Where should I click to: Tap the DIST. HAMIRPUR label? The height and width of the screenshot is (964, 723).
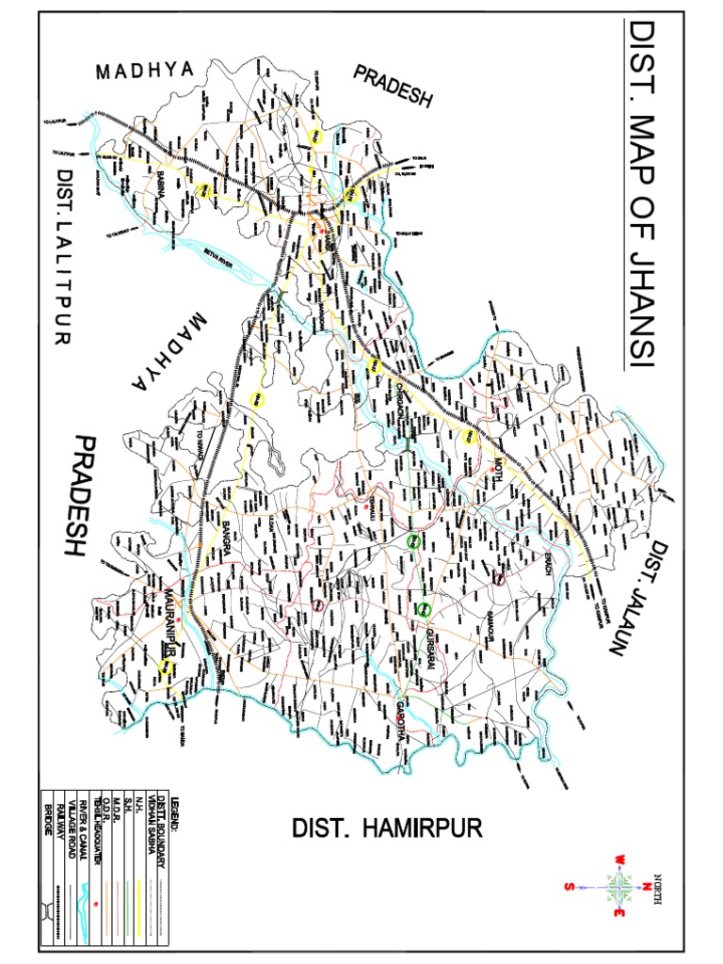pyautogui.click(x=387, y=828)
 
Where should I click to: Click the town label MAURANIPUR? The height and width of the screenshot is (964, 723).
pyautogui.click(x=170, y=616)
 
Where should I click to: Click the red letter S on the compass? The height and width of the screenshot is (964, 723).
pyautogui.click(x=568, y=886)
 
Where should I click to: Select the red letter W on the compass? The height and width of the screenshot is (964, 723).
pyautogui.click(x=621, y=860)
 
